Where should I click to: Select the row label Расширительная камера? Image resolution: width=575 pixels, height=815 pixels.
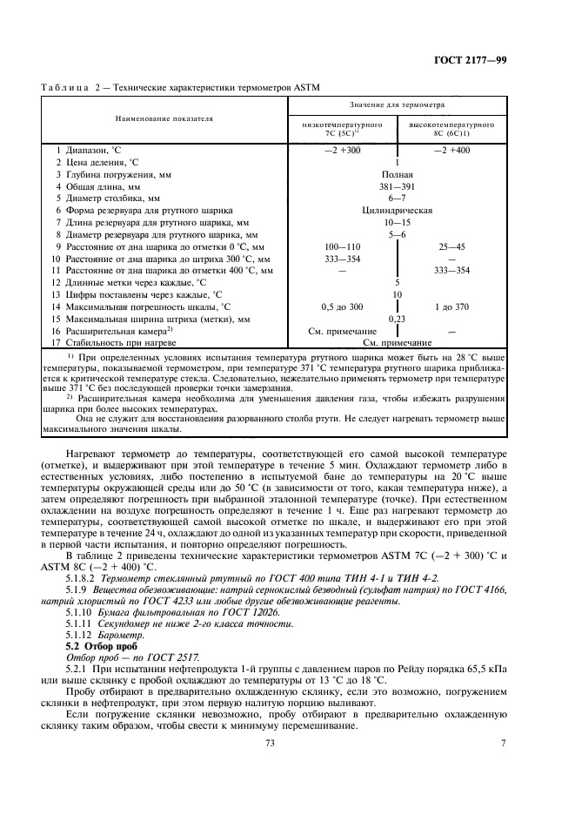pyautogui.click(x=111, y=331)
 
